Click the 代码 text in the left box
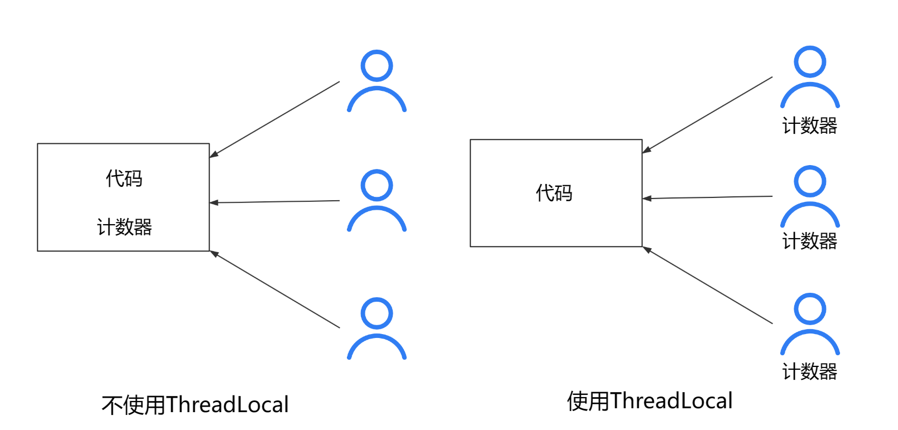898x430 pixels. [x=124, y=178]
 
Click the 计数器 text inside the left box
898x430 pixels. [x=124, y=227]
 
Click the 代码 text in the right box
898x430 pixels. [x=554, y=193]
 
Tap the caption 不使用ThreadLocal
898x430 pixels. [x=195, y=405]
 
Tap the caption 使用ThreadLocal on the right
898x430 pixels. [x=650, y=401]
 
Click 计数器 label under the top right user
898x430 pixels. [x=810, y=126]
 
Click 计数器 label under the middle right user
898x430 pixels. [x=810, y=241]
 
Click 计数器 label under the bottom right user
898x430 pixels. [x=810, y=371]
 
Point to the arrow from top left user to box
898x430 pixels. [x=274, y=119]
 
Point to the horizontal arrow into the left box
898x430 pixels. [x=274, y=202]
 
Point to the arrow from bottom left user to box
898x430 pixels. [x=274, y=289]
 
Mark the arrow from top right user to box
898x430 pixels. [x=707, y=115]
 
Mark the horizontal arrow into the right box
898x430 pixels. [x=707, y=197]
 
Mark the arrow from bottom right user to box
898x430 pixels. [x=707, y=285]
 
